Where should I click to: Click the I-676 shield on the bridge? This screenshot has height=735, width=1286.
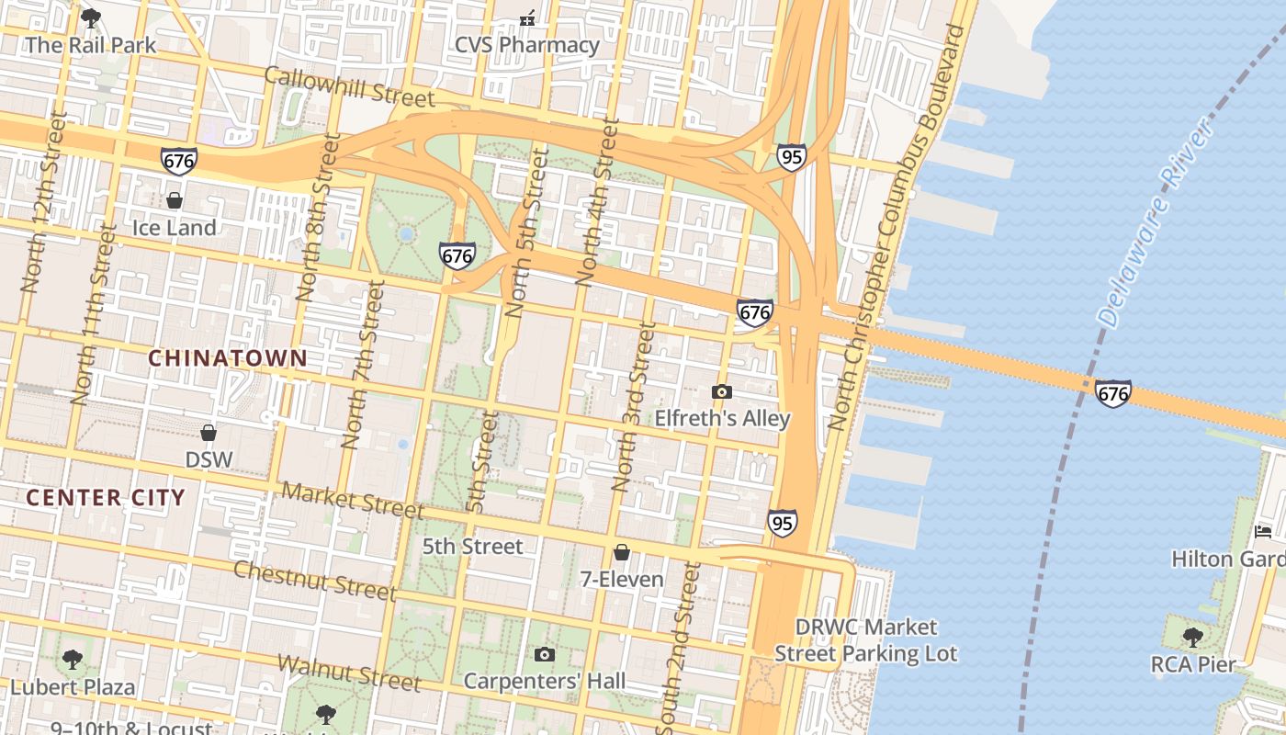click(1112, 394)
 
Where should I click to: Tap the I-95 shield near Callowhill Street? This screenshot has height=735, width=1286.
click(791, 157)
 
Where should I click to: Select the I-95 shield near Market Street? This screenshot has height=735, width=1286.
click(782, 524)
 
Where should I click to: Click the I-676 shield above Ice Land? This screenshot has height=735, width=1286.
click(178, 161)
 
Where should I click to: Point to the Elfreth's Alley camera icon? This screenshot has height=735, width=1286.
click(722, 392)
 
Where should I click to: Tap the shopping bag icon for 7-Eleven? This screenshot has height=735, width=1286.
click(622, 552)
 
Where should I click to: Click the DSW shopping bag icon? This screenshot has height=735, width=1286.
click(209, 432)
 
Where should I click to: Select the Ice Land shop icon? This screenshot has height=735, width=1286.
click(174, 200)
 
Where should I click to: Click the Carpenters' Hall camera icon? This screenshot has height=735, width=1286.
click(545, 655)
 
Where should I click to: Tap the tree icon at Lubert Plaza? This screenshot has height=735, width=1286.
click(72, 659)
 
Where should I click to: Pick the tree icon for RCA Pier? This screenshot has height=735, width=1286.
click(1192, 637)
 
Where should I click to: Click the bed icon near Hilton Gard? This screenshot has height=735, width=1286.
click(1263, 532)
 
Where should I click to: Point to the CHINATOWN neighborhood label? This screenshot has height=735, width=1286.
click(228, 358)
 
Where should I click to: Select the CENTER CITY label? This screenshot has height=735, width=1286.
click(106, 498)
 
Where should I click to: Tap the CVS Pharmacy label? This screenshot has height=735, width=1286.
click(527, 44)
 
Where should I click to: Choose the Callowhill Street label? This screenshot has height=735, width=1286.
click(349, 86)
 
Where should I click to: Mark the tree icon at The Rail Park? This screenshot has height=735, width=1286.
click(91, 17)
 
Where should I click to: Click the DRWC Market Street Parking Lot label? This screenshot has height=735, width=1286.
click(865, 640)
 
